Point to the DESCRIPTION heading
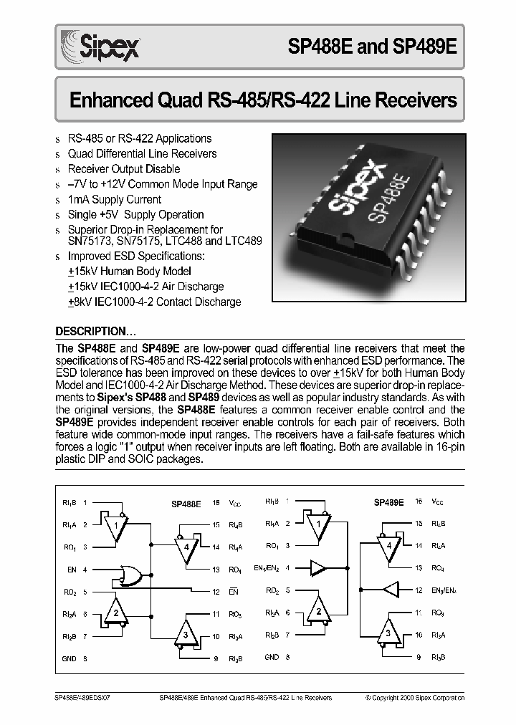pyautogui.click(x=95, y=332)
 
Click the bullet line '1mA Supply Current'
pyautogui.click(x=115, y=199)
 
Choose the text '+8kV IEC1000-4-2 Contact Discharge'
pyautogui.click(x=153, y=302)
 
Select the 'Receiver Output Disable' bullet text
pyautogui.click(x=123, y=169)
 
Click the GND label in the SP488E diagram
pyautogui.click(x=70, y=658)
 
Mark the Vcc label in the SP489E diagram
pyautogui.click(x=438, y=503)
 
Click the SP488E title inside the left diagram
pyautogui.click(x=186, y=504)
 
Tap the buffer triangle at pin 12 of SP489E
pyautogui.click(x=389, y=591)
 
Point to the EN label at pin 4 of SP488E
pyautogui.click(x=72, y=570)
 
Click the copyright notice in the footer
pyautogui.click(x=415, y=696)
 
